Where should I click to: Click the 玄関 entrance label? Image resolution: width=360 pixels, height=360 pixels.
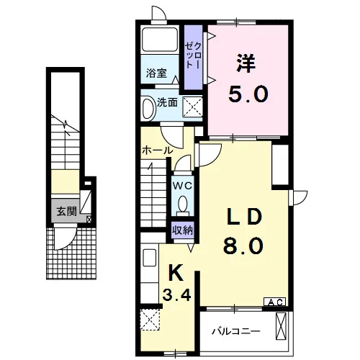pos(66,212)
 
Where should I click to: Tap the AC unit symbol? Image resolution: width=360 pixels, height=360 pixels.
pos(275,302)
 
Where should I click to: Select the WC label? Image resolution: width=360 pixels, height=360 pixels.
pos(183,186)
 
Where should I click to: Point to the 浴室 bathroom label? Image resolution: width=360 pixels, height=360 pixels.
pos(156,73)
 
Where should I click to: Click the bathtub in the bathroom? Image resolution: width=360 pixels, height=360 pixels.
pos(160,39)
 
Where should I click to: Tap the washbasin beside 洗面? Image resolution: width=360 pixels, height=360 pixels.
pos(149,108)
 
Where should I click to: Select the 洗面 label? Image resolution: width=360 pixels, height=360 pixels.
pos(167,103)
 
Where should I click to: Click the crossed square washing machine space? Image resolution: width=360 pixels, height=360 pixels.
pos(193,107)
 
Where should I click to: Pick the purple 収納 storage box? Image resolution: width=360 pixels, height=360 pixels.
pos(183,230)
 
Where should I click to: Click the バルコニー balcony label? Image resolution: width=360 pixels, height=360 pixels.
pos(236,332)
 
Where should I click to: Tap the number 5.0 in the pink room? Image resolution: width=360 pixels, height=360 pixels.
pos(248,94)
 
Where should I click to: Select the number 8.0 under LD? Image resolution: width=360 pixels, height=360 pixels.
pos(243,246)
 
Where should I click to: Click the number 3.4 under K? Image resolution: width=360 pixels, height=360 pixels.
pos(176,294)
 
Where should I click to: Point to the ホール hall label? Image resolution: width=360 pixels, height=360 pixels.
pos(157,150)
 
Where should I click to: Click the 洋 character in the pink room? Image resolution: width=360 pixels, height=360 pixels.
pos(246,63)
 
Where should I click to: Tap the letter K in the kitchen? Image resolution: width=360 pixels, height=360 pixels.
pos(176,272)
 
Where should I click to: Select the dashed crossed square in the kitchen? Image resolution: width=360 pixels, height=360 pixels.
pos(150,320)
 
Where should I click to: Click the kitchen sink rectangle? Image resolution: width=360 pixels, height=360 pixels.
pos(150,258)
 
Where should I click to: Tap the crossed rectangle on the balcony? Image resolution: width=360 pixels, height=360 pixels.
pos(281,326)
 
